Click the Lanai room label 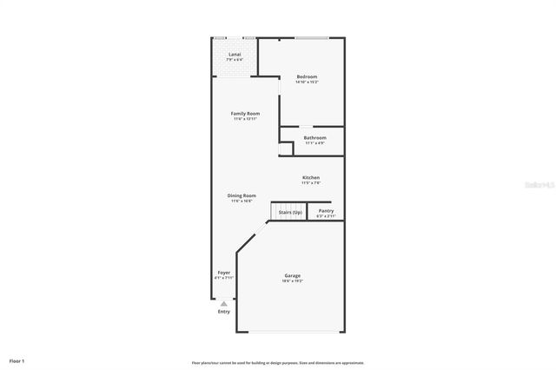pos(235,55)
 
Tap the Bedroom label pos(307,76)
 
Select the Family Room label pos(245,114)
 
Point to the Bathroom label pos(314,137)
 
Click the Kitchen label pos(311,178)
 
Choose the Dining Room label pos(242,195)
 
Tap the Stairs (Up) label pos(290,211)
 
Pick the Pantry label pos(326,210)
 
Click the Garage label pos(291,275)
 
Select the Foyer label pos(224,273)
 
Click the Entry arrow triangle pos(224,303)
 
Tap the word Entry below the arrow pos(224,312)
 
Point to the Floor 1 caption pos(17,360)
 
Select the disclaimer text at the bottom pos(278,362)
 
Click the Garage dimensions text pos(291,281)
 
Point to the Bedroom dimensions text pos(307,83)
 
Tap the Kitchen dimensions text pos(311,183)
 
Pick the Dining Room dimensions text pos(242,201)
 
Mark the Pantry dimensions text pos(326,215)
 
